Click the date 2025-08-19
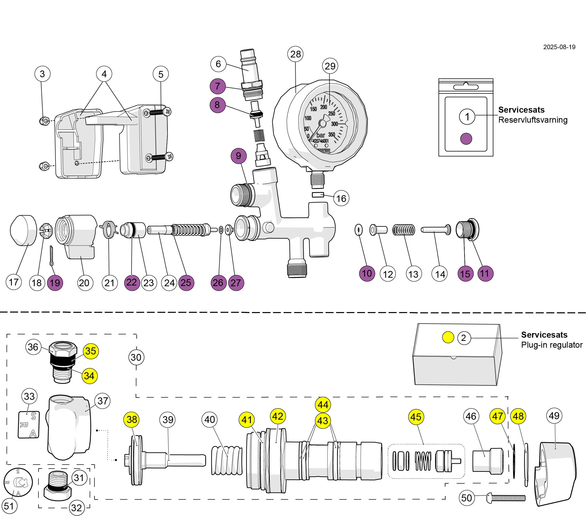pyautogui.click(x=559, y=47)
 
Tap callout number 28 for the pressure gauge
pyautogui.click(x=296, y=54)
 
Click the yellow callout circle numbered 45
pyautogui.click(x=416, y=417)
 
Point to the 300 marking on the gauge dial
pyautogui.click(x=335, y=124)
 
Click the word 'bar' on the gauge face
pyautogui.click(x=321, y=135)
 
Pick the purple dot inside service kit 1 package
pyautogui.click(x=466, y=139)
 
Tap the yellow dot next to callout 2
pyautogui.click(x=448, y=337)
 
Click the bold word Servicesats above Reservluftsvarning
pyautogui.click(x=521, y=110)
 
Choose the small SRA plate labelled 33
pyautogui.click(x=29, y=425)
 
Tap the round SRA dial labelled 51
pyautogui.click(x=18, y=482)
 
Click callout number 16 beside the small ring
pyautogui.click(x=341, y=198)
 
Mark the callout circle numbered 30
pyautogui.click(x=136, y=357)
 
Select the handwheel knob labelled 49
pyautogui.click(x=556, y=474)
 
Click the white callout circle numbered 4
pyautogui.click(x=104, y=74)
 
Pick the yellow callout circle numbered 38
pyautogui.click(x=132, y=419)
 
